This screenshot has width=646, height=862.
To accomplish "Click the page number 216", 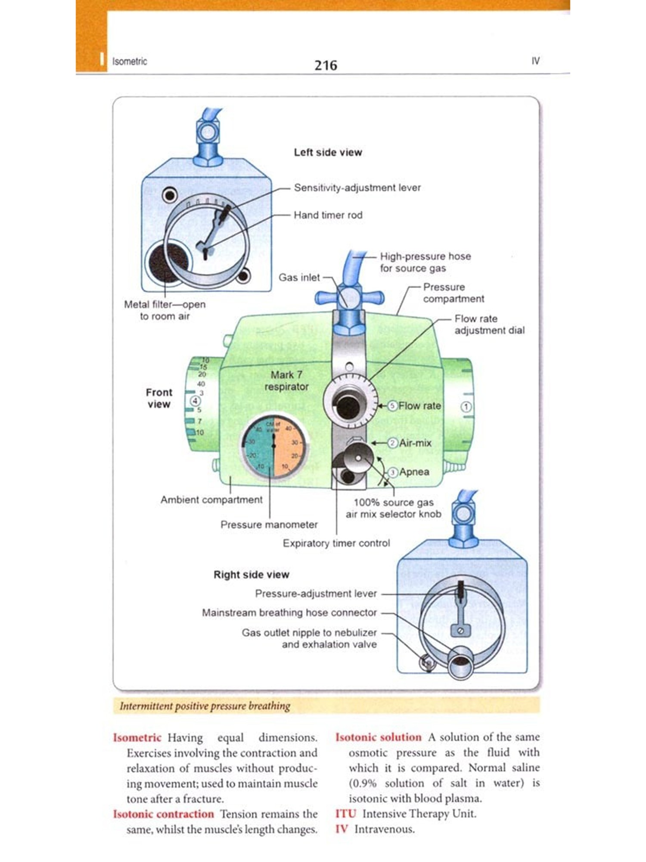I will pyautogui.click(x=326, y=65).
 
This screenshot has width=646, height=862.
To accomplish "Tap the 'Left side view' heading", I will pyautogui.click(x=328, y=152).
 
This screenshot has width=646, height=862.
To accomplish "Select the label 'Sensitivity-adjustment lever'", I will pyautogui.click(x=357, y=187).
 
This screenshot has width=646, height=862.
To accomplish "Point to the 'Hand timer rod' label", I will pyautogui.click(x=328, y=215).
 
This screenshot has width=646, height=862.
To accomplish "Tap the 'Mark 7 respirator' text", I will pyautogui.click(x=286, y=381).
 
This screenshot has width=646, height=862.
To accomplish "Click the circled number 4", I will pyautogui.click(x=195, y=401).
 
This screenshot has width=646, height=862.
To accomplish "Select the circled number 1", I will pyautogui.click(x=466, y=406).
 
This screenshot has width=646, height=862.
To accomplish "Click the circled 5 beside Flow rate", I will pyautogui.click(x=392, y=406).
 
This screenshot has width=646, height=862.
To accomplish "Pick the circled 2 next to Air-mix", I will pyautogui.click(x=392, y=443).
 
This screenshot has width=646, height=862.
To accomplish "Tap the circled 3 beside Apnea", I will pyautogui.click(x=392, y=472).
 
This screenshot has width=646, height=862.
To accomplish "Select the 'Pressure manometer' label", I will pyautogui.click(x=269, y=525).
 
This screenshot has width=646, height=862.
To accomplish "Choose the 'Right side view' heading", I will pyautogui.click(x=251, y=575).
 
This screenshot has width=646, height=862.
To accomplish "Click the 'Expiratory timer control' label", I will pyautogui.click(x=336, y=543).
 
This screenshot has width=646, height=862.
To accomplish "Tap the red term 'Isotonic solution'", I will pyautogui.click(x=378, y=737).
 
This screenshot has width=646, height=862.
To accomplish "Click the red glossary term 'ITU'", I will pyautogui.click(x=345, y=814).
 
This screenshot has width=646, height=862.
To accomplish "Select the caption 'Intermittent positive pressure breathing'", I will pyautogui.click(x=205, y=706).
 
